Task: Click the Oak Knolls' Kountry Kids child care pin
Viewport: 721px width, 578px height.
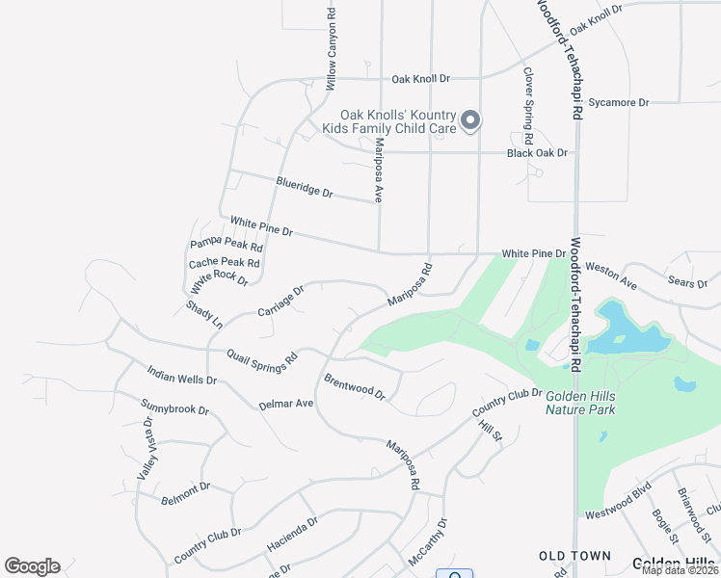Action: (x=470, y=120)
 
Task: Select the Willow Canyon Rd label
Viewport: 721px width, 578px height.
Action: (x=332, y=43)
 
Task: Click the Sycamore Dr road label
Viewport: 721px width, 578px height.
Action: (x=619, y=102)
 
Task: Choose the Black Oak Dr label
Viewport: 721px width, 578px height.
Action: (x=538, y=152)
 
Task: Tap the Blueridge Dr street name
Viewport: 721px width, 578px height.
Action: (x=304, y=187)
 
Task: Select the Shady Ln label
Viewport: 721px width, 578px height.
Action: (x=204, y=314)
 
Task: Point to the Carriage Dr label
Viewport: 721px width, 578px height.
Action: (x=280, y=301)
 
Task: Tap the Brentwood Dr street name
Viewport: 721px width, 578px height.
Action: (x=355, y=387)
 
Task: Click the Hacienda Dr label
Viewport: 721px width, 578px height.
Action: (x=292, y=534)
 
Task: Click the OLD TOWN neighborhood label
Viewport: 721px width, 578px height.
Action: (x=574, y=556)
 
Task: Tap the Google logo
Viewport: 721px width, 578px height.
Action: (x=32, y=566)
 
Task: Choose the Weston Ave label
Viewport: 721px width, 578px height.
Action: (x=611, y=278)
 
